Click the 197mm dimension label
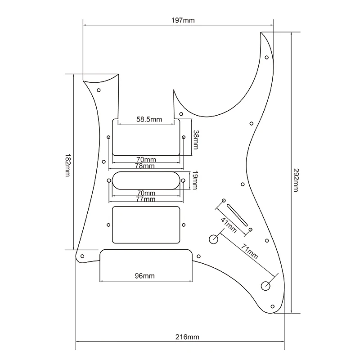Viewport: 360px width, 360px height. coord(183,20)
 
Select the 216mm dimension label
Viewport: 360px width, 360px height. coord(187,337)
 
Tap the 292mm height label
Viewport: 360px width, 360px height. coord(296,180)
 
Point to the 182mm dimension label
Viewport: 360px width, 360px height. coord(67,165)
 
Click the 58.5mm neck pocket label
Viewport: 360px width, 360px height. coord(149,119)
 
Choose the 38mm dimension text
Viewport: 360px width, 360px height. coord(196,139)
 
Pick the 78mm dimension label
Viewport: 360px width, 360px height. coord(144,166)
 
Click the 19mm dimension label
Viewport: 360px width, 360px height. coord(195,180)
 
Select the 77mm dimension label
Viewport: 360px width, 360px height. coord(145,199)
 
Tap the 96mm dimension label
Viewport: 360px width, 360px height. coord(144,276)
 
